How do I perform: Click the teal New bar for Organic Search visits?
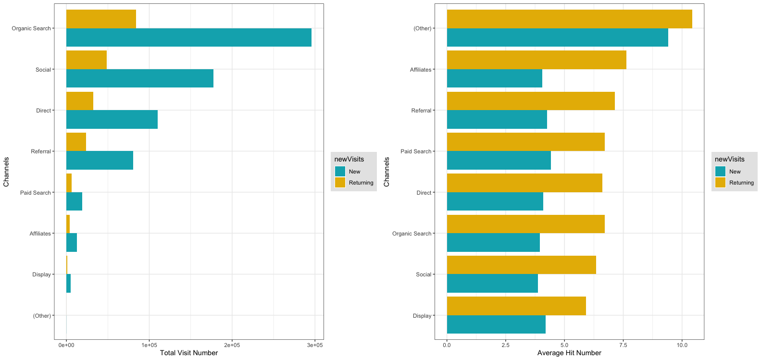coord(188,37)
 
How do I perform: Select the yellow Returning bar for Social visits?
coord(87,60)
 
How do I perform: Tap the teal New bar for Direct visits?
coord(112,120)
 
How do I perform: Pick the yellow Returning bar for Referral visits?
coord(76,142)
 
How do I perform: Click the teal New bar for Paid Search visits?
coord(74,201)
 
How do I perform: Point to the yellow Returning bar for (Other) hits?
coord(569,19)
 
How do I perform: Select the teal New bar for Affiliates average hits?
coord(494,78)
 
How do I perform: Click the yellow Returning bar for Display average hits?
coord(516,306)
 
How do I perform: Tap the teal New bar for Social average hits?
coord(492,284)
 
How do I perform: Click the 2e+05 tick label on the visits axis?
coord(232,345)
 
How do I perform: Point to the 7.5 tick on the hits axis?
coord(623,345)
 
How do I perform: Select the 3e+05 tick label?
coord(314,345)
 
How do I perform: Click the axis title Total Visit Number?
coord(188,353)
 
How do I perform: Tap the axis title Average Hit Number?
coord(569,353)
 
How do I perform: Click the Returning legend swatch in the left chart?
coord(340,183)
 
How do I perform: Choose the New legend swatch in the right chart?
coord(720,172)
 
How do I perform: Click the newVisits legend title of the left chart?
coord(349,159)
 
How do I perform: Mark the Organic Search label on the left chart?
coord(31,28)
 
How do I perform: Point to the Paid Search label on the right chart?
coord(416,151)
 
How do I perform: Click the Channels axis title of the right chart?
coord(387,172)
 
